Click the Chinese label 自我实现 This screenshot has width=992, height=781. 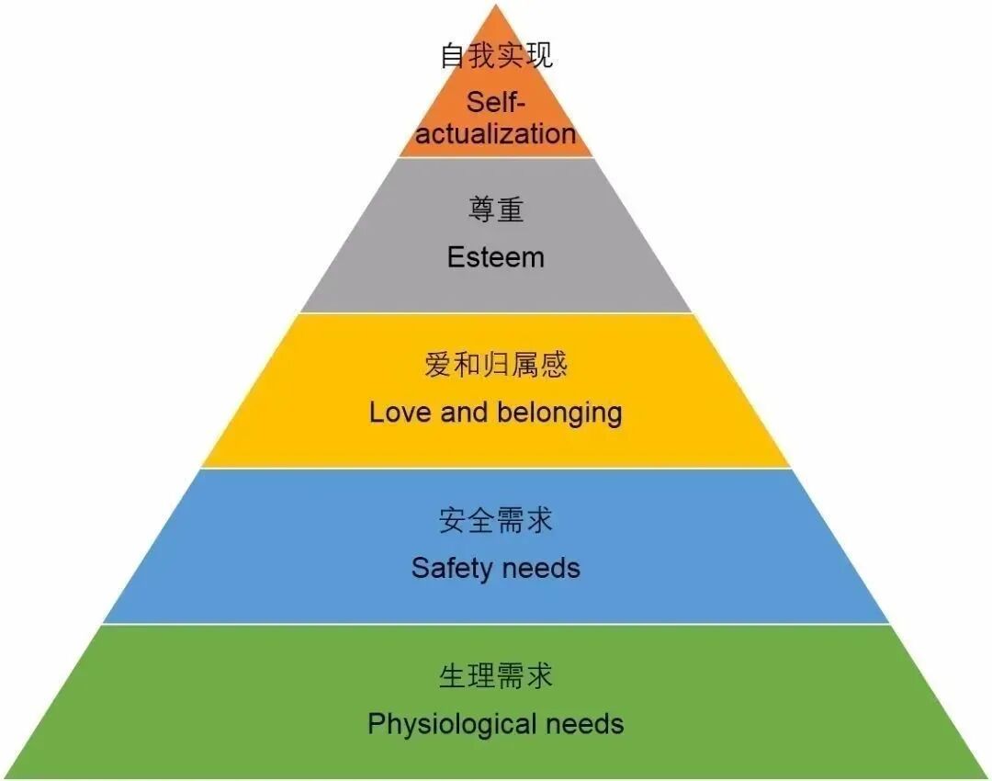tap(496, 56)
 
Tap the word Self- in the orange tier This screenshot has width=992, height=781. tap(496, 101)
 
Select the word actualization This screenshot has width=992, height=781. tap(496, 134)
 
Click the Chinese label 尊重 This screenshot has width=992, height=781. tap(496, 210)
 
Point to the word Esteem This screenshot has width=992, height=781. tap(496, 257)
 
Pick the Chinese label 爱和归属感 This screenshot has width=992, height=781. tap(496, 365)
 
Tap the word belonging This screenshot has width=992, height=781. tap(559, 413)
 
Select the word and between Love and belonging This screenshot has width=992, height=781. tap(463, 413)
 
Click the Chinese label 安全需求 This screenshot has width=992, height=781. tap(496, 521)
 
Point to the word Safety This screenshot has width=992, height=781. tap(452, 569)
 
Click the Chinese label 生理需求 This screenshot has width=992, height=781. tap(496, 677)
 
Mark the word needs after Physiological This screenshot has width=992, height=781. tap(585, 724)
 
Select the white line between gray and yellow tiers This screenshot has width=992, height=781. tap(496, 313)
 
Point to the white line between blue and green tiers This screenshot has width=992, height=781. tap(496, 625)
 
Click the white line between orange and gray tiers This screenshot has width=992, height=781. tap(496, 157)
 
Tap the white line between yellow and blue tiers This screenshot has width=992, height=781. tap(496, 469)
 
